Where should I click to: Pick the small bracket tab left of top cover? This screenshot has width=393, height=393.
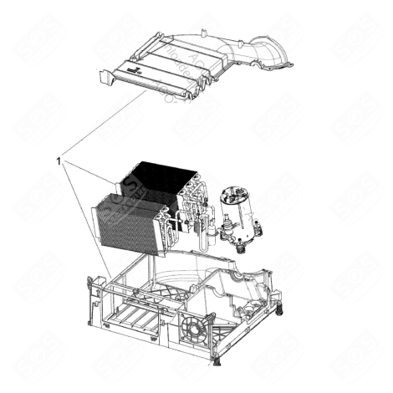[102, 77]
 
